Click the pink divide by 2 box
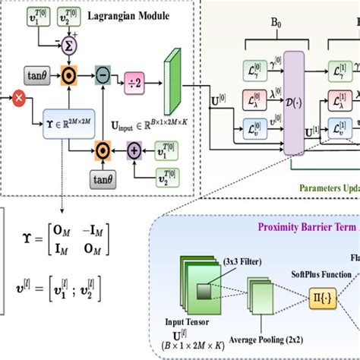click(x=135, y=76)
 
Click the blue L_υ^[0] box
click(x=254, y=128)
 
